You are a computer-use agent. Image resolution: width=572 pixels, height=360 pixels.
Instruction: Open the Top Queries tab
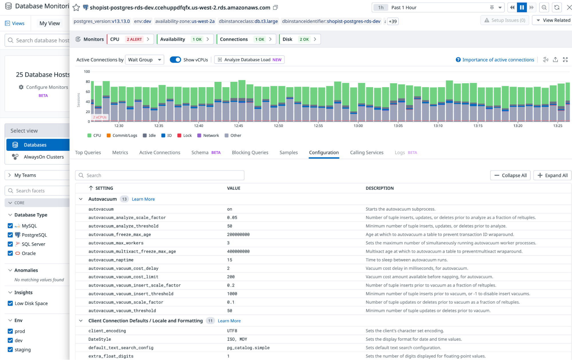click(x=88, y=153)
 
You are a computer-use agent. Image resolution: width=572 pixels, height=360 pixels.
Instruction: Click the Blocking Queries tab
click(x=250, y=153)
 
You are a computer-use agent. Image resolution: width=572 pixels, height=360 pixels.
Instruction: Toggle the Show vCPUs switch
click(x=175, y=60)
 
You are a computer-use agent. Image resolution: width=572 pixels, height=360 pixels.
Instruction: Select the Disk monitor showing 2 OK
click(x=300, y=39)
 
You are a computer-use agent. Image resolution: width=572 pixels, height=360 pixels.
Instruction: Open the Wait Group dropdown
click(x=145, y=60)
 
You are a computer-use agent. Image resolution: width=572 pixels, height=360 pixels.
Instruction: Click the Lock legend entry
click(x=185, y=135)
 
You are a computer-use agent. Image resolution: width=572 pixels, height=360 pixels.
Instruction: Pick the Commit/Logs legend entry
click(x=122, y=135)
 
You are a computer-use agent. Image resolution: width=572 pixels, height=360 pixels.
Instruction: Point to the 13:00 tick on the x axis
click(x=358, y=126)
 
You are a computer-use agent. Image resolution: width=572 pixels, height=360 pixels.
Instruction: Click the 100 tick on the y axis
click(x=87, y=72)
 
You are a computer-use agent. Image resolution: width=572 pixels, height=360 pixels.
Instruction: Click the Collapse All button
click(x=510, y=175)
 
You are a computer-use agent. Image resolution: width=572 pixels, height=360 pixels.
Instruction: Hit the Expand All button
click(x=552, y=175)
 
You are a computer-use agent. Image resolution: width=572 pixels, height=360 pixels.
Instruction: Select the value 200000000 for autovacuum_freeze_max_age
click(x=238, y=234)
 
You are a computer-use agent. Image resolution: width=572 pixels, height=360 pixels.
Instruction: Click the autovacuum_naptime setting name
click(x=111, y=260)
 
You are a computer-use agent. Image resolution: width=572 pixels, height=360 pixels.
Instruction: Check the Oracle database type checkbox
click(x=10, y=253)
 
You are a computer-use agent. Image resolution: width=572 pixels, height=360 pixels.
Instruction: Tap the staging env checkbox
click(x=10, y=349)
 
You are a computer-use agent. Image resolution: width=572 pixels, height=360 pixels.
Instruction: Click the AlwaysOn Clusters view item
click(x=43, y=157)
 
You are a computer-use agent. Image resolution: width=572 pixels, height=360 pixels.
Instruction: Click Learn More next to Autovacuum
click(x=143, y=199)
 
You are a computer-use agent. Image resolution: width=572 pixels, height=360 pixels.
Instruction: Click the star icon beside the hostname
click(x=76, y=7)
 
